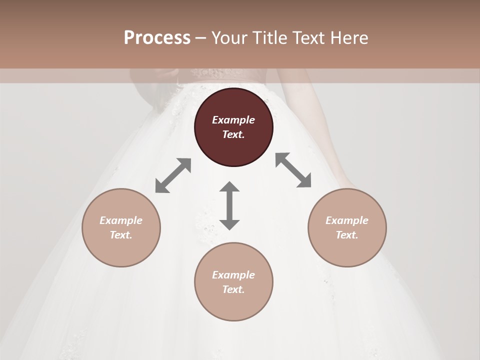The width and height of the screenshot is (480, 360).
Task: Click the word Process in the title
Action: (x=157, y=38)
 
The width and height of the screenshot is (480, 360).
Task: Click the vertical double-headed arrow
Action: (x=229, y=205)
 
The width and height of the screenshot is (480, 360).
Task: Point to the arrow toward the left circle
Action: (x=173, y=175)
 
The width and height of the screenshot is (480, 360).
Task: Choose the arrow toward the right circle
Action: (x=293, y=170)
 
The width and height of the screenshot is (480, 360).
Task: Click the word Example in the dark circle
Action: (x=233, y=120)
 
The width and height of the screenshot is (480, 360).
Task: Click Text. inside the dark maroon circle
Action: (x=233, y=134)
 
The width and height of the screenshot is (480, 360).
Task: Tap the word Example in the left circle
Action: (x=121, y=220)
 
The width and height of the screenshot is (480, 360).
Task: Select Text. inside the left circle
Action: (x=121, y=235)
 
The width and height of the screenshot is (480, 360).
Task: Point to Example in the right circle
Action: (x=347, y=220)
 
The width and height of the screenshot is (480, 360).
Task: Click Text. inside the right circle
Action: (x=347, y=235)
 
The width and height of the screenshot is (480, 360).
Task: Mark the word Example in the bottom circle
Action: (x=233, y=275)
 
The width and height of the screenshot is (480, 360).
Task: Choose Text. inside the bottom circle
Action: (x=233, y=289)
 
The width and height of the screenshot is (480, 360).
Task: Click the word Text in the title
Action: (x=312, y=38)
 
